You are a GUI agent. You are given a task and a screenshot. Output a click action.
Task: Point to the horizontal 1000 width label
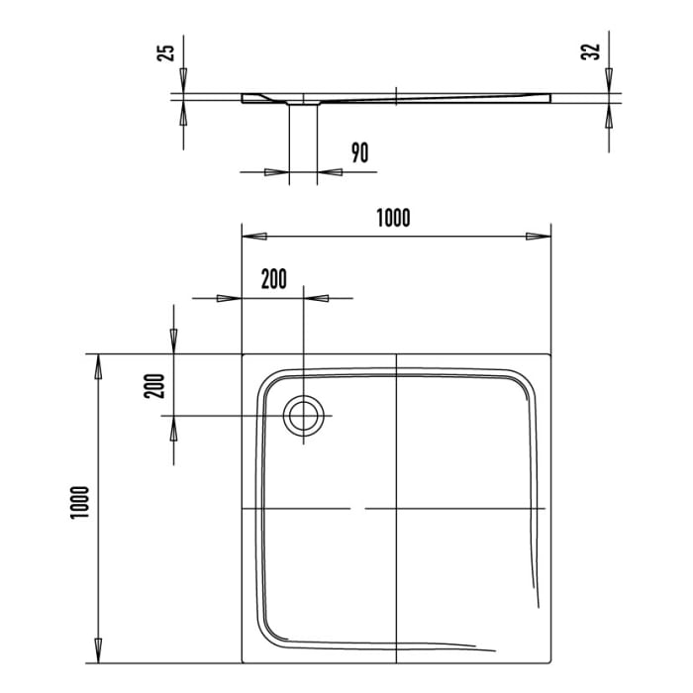[x=393, y=217]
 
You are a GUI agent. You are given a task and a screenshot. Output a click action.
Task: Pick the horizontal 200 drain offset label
[x=274, y=278]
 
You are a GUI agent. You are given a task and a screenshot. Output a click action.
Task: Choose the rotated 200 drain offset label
[x=154, y=384]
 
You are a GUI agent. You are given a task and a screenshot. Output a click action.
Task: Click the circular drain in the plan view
[x=303, y=416]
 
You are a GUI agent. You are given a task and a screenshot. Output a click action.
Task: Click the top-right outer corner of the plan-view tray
[x=549, y=353]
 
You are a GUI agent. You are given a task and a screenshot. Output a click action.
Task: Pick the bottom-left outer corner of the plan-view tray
[x=244, y=660]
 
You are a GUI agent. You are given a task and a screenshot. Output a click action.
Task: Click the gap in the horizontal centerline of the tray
[x=357, y=508]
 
